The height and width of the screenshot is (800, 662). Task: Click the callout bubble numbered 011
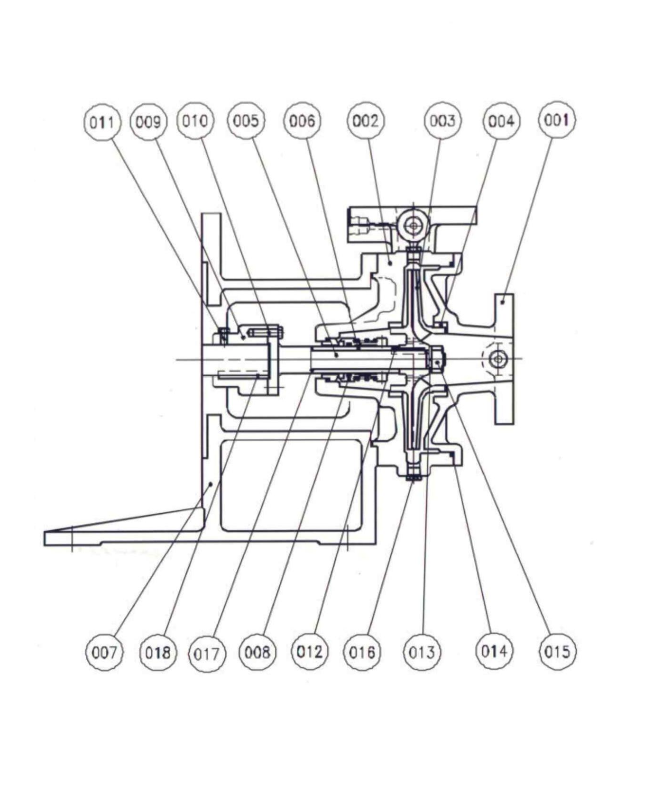[102, 122]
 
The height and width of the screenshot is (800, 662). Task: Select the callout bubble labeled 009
[149, 122]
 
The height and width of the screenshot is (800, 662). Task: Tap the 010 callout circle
[195, 121]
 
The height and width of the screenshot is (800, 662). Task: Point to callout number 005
[246, 121]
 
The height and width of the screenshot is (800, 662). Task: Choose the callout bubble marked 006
[302, 121]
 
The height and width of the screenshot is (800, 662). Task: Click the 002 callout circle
[366, 121]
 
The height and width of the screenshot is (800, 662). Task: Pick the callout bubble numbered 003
[442, 121]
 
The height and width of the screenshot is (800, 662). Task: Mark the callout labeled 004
[501, 122]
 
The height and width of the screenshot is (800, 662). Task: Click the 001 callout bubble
[557, 120]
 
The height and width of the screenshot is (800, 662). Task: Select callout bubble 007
[104, 653]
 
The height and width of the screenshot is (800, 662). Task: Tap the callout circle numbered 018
[158, 653]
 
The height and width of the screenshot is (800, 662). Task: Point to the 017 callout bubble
[207, 655]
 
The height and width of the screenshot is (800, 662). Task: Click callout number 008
[257, 653]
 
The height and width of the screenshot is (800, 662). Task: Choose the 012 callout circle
[309, 652]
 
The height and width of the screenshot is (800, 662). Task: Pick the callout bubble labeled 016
[362, 653]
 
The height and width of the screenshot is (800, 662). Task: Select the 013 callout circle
[422, 653]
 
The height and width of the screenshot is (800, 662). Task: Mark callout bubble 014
[494, 651]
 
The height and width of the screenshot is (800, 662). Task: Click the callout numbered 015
[557, 652]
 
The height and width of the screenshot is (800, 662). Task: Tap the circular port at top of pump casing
[414, 226]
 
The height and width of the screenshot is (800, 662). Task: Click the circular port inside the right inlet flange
[498, 359]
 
